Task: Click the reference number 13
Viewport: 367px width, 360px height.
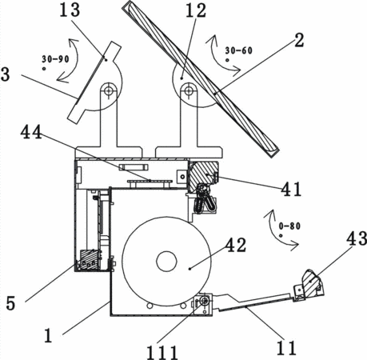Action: click(70, 10)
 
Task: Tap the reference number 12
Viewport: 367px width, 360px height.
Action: click(196, 10)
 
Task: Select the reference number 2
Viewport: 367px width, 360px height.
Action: click(299, 41)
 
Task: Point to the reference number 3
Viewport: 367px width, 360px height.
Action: click(6, 74)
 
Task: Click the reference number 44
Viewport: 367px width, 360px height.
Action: click(31, 132)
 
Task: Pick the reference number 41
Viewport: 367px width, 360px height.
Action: click(291, 189)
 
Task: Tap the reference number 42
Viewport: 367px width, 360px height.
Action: click(236, 245)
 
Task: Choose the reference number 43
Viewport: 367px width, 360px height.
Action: click(357, 238)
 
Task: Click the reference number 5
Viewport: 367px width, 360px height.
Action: click(10, 303)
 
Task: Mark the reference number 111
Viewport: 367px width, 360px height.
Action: click(162, 353)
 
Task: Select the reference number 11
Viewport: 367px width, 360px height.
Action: click(286, 348)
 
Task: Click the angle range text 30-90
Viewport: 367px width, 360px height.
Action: click(55, 59)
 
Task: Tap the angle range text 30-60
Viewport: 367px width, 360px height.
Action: click(239, 50)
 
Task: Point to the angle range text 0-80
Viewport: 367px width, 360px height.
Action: click(289, 226)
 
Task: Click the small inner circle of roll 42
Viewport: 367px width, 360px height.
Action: click(167, 262)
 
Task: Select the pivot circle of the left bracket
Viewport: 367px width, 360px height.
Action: click(108, 90)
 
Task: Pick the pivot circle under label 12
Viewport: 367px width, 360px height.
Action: click(189, 90)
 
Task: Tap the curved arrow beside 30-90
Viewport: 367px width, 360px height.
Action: click(76, 59)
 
